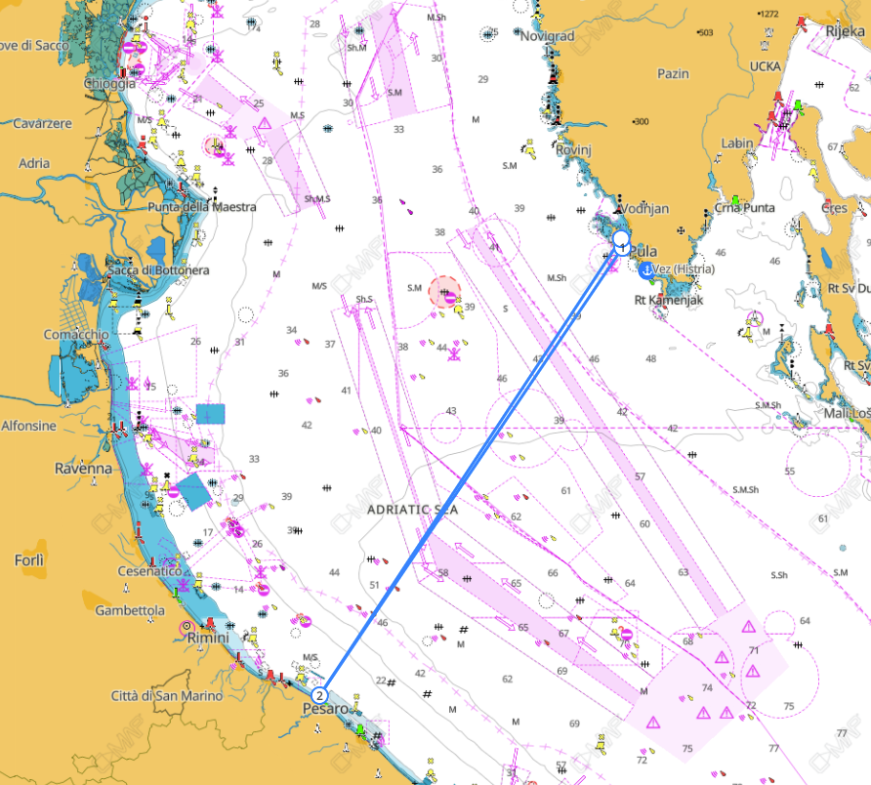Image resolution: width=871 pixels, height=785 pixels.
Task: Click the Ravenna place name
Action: pyautogui.click(x=84, y=468)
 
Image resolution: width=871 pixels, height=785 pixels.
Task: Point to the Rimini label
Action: pyautogui.click(x=208, y=638)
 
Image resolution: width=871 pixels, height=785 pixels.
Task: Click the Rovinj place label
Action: pyautogui.click(x=575, y=150)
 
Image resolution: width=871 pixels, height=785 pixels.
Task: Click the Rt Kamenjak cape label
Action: pyautogui.click(x=669, y=300)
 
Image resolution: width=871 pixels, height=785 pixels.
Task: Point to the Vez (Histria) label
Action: pyautogui.click(x=683, y=269)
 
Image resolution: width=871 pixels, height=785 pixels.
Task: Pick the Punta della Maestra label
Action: pyautogui.click(x=201, y=207)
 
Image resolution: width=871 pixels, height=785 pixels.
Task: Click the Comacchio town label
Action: pyautogui.click(x=74, y=335)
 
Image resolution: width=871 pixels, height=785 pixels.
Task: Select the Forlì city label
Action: pyautogui.click(x=29, y=560)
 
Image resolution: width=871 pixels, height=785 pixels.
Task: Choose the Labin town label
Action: pyautogui.click(x=736, y=144)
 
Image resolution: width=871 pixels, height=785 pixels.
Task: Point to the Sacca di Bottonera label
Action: pyautogui.click(x=158, y=269)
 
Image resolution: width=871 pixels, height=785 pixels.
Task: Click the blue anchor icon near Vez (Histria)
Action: pyautogui.click(x=645, y=269)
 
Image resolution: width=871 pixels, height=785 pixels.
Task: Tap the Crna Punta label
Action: pyautogui.click(x=744, y=208)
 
